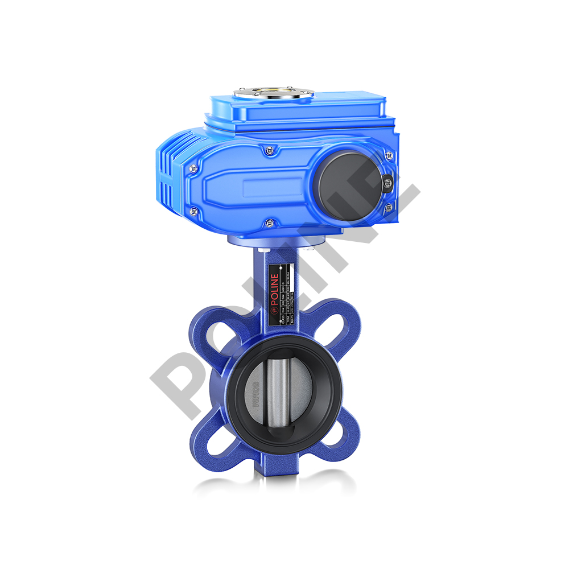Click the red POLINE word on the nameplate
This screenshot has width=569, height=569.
[275, 283]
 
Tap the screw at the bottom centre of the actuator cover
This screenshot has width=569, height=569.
[270, 222]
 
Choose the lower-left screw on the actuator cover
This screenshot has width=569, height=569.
[195, 212]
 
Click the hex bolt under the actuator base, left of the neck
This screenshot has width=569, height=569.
[263, 250]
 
